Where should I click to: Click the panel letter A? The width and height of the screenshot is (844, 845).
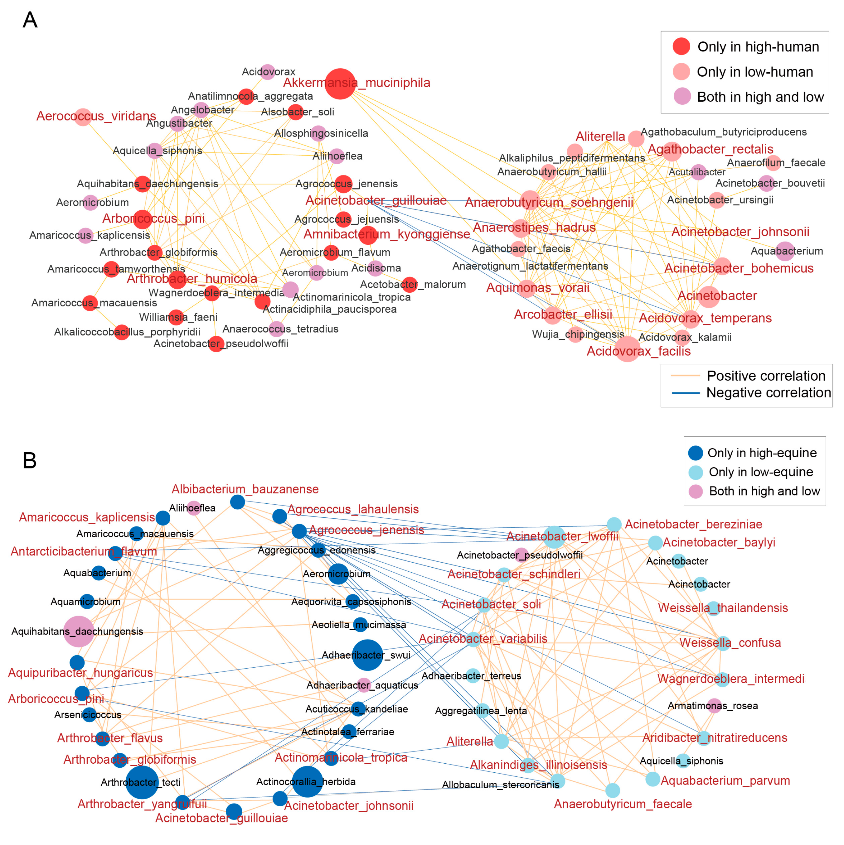[30, 20]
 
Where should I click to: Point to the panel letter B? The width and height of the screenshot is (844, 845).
[29, 461]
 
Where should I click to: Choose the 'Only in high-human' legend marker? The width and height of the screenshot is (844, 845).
[681, 46]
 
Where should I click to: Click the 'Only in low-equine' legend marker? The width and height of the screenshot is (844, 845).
[696, 472]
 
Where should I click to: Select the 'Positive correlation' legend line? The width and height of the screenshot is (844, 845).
[685, 376]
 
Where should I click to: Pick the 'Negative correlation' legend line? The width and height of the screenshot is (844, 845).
[685, 393]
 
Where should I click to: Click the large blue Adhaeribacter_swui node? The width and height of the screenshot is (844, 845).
[367, 655]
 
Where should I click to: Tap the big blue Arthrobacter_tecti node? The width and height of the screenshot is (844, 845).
[142, 782]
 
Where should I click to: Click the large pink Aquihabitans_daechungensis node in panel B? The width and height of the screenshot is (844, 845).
[79, 631]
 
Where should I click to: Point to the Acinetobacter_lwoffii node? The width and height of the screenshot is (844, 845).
[554, 537]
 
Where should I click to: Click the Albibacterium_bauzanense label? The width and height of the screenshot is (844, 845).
[245, 489]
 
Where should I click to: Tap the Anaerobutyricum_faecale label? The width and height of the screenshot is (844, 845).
[623, 804]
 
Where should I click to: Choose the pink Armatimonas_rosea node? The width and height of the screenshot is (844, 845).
[714, 705]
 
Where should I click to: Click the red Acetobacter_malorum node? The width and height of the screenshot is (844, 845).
[409, 285]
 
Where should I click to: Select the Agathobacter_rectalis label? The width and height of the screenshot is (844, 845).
[710, 149]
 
